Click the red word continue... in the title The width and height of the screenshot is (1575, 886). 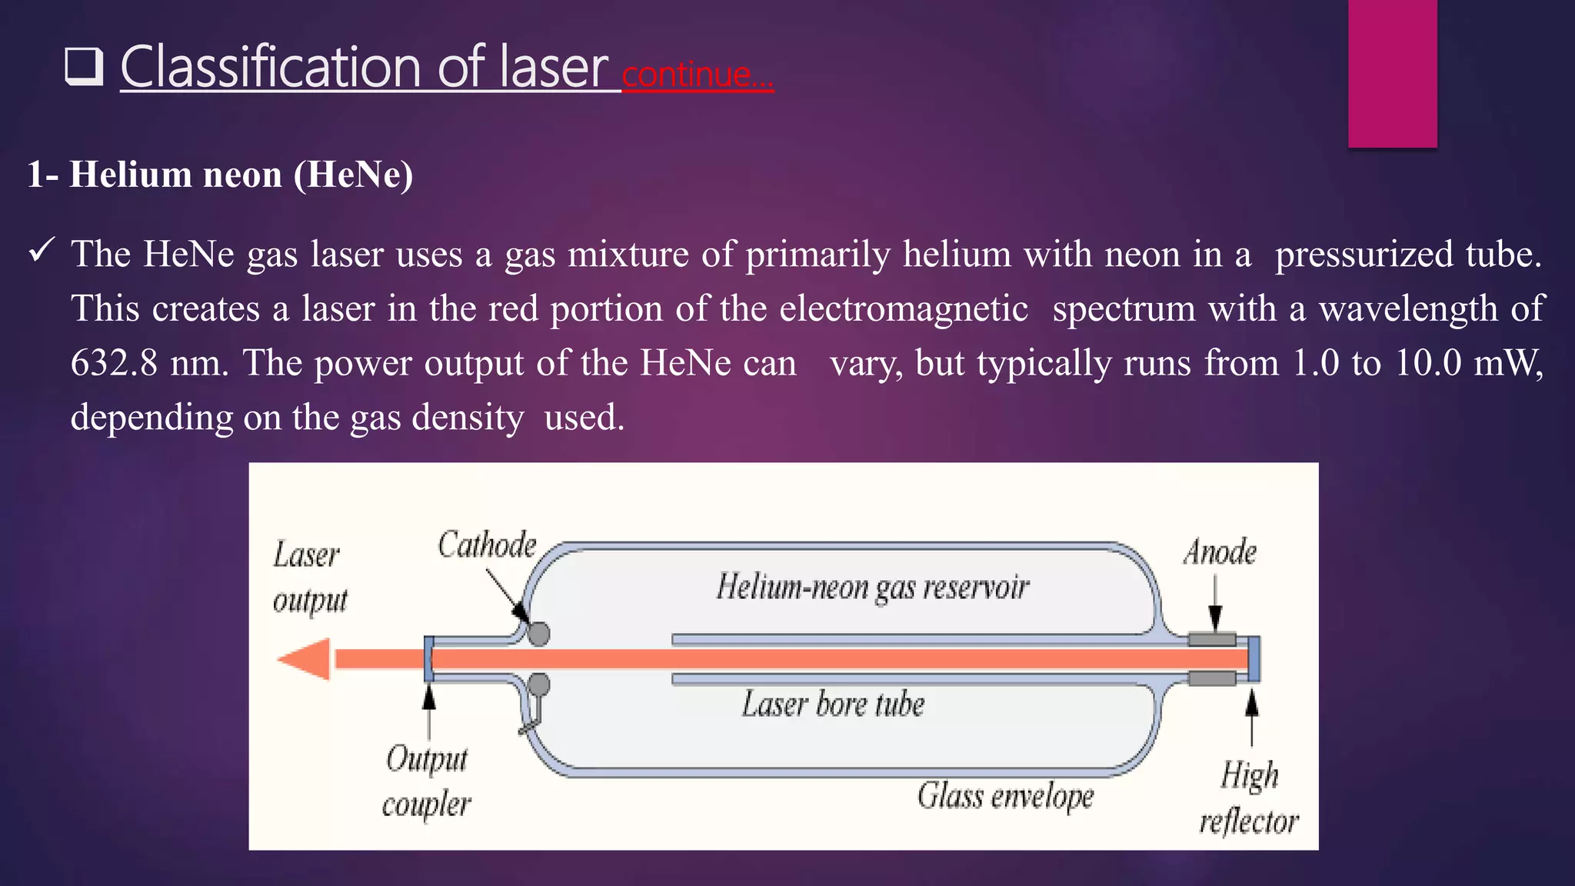tap(697, 75)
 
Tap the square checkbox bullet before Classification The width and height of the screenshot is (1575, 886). tap(84, 67)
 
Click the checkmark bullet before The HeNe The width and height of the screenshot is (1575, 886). tap(41, 250)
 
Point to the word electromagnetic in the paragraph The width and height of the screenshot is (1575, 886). tap(904, 309)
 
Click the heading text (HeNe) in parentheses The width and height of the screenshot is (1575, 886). tap(353, 175)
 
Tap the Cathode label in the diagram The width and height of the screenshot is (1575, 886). tap(487, 545)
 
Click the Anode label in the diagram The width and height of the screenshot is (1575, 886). tap(1220, 552)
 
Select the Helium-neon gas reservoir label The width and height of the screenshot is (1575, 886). tap(872, 588)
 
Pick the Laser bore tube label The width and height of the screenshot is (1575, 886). tap(833, 704)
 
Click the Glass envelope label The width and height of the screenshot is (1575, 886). tap(1005, 796)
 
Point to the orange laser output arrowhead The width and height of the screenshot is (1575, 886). tap(305, 659)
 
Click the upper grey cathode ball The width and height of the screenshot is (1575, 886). tap(538, 634)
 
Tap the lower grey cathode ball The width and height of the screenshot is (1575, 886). tap(538, 684)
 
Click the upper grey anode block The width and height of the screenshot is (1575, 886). tap(1212, 639)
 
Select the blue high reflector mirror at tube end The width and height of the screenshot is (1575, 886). tap(1254, 659)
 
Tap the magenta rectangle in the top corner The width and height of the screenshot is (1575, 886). tap(1392, 73)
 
